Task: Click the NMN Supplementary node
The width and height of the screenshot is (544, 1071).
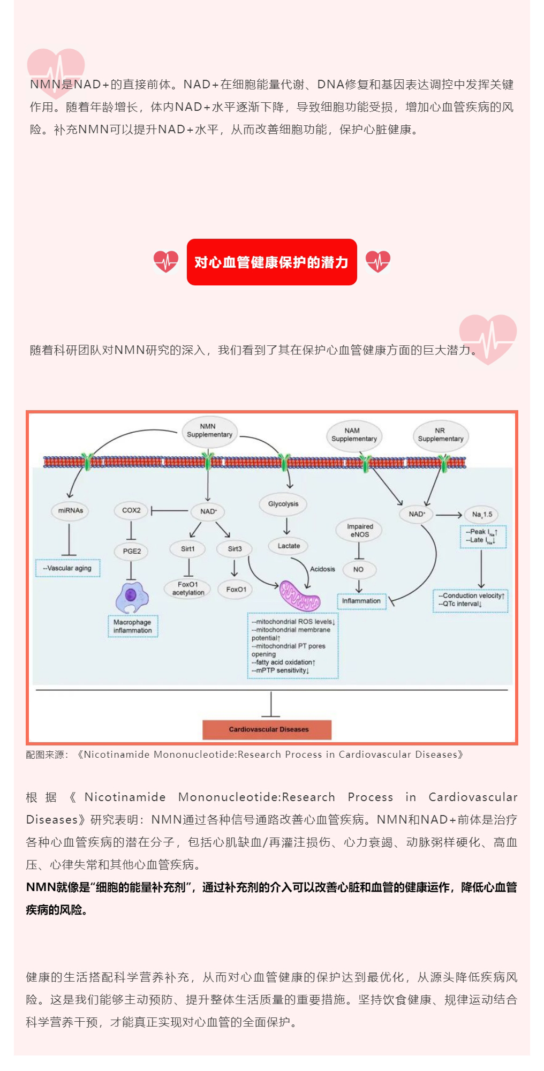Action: (209, 431)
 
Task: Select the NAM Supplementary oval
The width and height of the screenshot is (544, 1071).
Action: (354, 435)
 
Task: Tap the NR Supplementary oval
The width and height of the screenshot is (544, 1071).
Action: (441, 435)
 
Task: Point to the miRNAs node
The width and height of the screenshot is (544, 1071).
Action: (70, 511)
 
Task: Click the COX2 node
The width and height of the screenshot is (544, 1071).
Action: (131, 511)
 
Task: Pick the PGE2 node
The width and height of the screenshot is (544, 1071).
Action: (132, 551)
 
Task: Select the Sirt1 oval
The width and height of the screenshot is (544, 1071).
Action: (188, 549)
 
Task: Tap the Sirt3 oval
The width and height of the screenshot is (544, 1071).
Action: (235, 549)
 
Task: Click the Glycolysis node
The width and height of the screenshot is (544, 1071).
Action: (283, 504)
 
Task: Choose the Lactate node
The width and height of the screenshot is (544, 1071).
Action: (289, 546)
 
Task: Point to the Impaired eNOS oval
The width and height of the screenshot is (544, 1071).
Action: (360, 531)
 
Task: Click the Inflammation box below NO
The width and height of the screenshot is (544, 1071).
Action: (361, 601)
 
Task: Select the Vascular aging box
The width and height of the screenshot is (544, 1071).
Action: (68, 568)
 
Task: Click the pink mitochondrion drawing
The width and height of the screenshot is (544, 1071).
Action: (300, 595)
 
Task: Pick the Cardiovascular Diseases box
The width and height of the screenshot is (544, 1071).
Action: (267, 729)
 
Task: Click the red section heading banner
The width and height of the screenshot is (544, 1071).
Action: (272, 262)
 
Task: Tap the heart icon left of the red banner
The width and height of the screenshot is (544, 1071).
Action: (166, 261)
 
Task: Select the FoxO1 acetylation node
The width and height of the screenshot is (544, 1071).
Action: (188, 589)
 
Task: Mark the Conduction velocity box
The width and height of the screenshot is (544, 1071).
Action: (471, 600)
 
